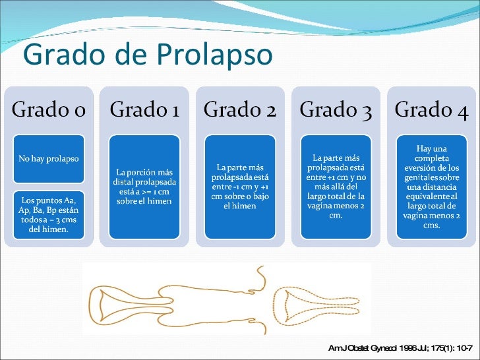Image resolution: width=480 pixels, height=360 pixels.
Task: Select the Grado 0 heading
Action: [48, 110]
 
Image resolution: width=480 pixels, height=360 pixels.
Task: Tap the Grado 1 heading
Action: [144, 110]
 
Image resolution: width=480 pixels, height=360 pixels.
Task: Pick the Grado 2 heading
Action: [239, 110]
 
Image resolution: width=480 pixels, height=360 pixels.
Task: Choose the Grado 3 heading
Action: [335, 110]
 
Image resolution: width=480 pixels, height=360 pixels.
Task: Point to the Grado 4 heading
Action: [431, 110]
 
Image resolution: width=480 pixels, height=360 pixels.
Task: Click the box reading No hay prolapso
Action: [48, 159]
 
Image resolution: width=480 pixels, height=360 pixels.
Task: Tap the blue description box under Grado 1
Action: [144, 187]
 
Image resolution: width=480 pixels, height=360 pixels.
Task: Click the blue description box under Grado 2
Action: [239, 187]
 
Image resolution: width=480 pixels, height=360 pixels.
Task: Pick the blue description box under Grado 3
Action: [335, 187]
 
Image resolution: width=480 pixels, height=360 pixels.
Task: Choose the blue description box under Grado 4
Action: [431, 187]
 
